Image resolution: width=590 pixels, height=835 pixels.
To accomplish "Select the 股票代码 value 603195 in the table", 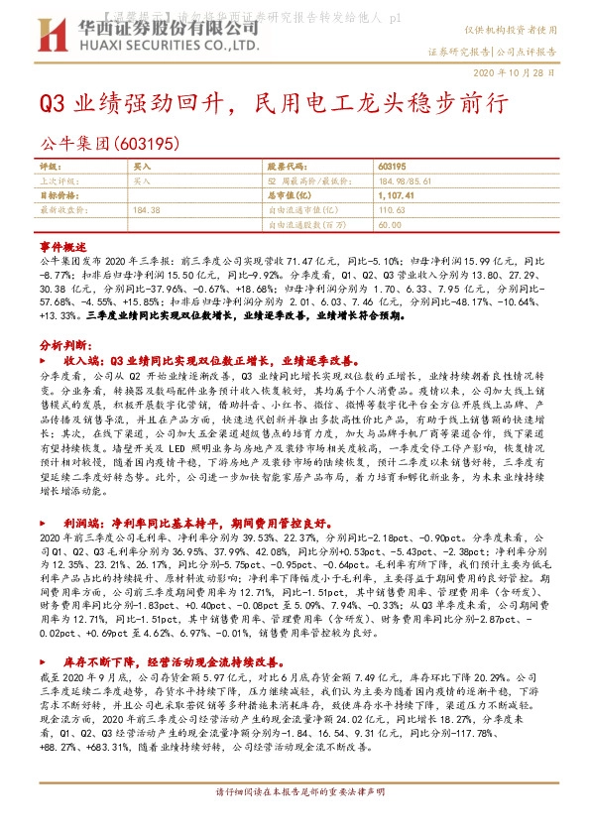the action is point(394,168).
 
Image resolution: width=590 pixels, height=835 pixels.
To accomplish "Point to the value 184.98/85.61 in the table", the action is point(407,181).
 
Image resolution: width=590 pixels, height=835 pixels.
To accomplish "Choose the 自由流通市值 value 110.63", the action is point(393,210).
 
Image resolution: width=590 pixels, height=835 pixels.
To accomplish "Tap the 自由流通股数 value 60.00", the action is point(390,225).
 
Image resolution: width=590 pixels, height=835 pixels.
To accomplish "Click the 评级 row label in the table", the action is point(49,168).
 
